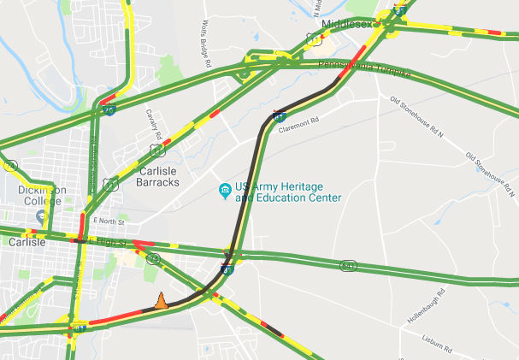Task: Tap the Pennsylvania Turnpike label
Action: click(364, 70)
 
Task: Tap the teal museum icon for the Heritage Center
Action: click(224, 188)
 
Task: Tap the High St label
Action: click(112, 244)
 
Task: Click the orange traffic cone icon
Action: click(160, 300)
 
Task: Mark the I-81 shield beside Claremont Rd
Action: click(279, 114)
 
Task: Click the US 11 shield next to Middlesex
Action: click(315, 39)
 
